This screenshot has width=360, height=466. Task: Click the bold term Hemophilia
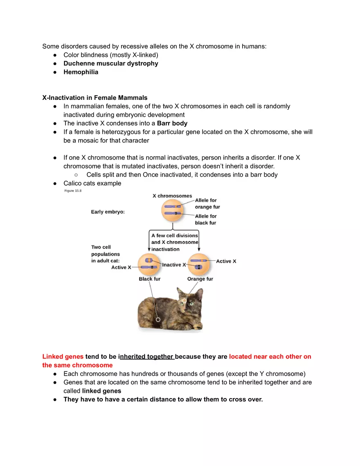(81, 72)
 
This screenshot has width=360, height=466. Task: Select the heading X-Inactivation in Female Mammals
(95, 98)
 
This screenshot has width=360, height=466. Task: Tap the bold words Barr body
(172, 123)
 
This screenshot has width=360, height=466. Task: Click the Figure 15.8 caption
(73, 191)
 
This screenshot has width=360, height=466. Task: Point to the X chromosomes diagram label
(172, 196)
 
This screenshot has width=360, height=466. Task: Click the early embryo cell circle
(175, 211)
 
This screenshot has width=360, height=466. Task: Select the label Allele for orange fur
(207, 204)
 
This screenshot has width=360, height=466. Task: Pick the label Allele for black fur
(206, 219)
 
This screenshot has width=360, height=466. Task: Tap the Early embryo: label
(108, 212)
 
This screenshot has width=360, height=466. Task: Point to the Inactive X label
(174, 265)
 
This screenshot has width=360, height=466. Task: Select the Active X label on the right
(226, 261)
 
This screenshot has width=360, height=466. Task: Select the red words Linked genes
(63, 356)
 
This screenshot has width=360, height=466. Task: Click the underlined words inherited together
(147, 356)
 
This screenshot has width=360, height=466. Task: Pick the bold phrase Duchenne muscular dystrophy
(110, 63)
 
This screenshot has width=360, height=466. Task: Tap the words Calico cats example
(92, 183)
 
